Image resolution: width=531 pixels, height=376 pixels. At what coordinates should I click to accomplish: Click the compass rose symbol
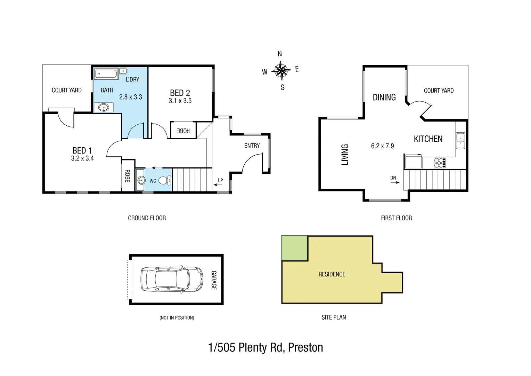(x=281, y=71)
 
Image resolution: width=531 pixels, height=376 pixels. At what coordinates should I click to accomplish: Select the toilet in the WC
(x=164, y=181)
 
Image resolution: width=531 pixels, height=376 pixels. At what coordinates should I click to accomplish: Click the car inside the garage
(x=172, y=279)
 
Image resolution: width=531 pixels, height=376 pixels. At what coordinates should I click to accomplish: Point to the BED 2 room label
(x=180, y=93)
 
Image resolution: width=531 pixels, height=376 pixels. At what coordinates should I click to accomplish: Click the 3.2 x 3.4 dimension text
(x=82, y=158)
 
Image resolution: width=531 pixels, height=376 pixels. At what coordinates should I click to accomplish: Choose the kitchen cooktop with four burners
(x=440, y=162)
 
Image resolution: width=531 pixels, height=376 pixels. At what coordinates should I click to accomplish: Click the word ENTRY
(x=252, y=146)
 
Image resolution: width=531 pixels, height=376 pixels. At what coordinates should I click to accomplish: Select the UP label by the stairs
(x=220, y=180)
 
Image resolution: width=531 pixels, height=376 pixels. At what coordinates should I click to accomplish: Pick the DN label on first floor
(x=393, y=178)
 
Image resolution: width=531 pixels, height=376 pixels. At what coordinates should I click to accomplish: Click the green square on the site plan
(x=294, y=248)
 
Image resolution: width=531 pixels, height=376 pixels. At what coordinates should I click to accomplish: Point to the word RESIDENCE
(x=332, y=274)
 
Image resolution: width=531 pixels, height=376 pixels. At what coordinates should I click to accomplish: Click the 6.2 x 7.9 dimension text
(x=382, y=146)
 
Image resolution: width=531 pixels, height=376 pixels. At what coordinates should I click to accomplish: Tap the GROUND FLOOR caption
(x=147, y=218)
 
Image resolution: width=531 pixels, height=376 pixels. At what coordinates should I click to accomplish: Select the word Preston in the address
(x=305, y=347)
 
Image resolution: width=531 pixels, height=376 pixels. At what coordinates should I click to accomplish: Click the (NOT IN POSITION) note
(x=177, y=318)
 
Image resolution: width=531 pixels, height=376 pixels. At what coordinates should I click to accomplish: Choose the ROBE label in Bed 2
(x=183, y=131)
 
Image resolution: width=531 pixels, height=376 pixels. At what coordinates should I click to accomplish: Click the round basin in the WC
(x=141, y=180)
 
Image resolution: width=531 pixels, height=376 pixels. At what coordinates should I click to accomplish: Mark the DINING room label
(x=384, y=97)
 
